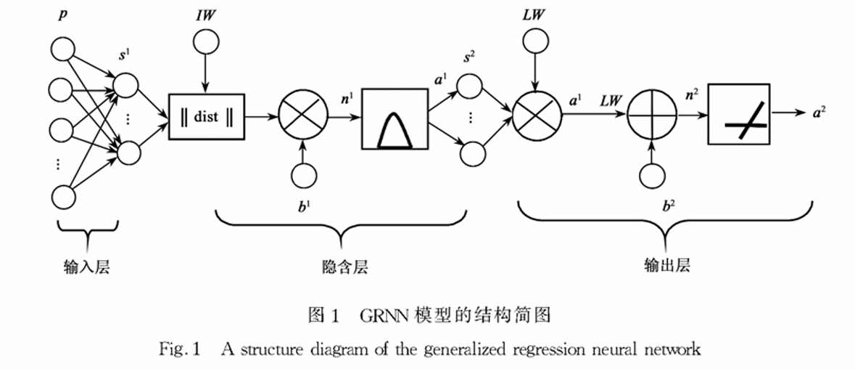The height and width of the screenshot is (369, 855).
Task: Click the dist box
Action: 207,115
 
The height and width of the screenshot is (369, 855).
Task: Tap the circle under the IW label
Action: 207,41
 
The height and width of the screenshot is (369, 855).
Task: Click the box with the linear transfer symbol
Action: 738,115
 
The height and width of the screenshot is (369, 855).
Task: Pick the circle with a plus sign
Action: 650,115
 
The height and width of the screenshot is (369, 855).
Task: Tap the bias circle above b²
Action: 650,177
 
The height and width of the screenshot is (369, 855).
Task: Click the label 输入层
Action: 86,267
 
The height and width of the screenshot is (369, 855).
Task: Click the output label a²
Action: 817,111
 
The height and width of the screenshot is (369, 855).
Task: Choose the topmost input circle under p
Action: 62,50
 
